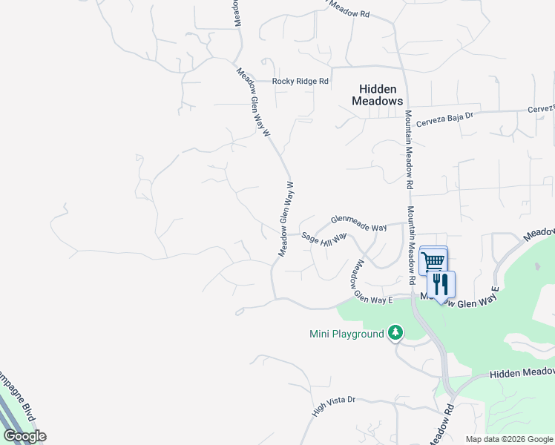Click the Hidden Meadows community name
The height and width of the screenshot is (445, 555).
pyautogui.click(x=376, y=95)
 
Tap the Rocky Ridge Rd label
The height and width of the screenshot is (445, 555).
pyautogui.click(x=300, y=81)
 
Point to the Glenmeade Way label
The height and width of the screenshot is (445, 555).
pyautogui.click(x=359, y=223)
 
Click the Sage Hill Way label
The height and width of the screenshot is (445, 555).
pyautogui.click(x=324, y=237)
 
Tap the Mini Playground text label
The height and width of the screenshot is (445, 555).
pyautogui.click(x=347, y=334)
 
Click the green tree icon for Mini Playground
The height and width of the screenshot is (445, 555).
pyautogui.click(x=396, y=333)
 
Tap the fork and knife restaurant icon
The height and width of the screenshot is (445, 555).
pyautogui.click(x=441, y=284)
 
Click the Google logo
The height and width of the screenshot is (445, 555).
pyautogui.click(x=24, y=436)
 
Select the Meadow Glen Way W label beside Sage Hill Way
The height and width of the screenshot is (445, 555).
pyautogui.click(x=286, y=220)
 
